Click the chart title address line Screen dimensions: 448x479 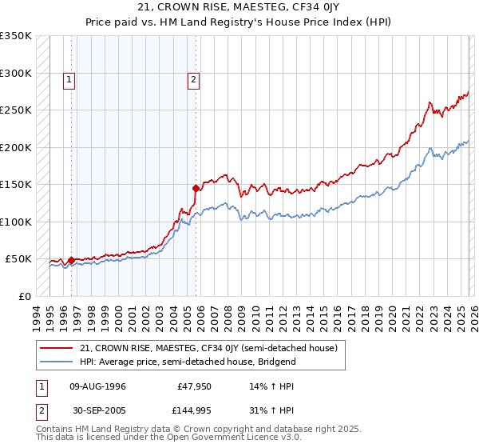(x=239, y=8)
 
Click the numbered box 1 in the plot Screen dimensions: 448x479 (x=69, y=79)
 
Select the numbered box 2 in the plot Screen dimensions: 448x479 (x=194, y=79)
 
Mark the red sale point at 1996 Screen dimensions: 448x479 (x=71, y=260)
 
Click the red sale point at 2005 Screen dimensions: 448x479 (x=196, y=188)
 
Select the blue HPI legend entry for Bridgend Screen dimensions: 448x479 (x=188, y=362)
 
